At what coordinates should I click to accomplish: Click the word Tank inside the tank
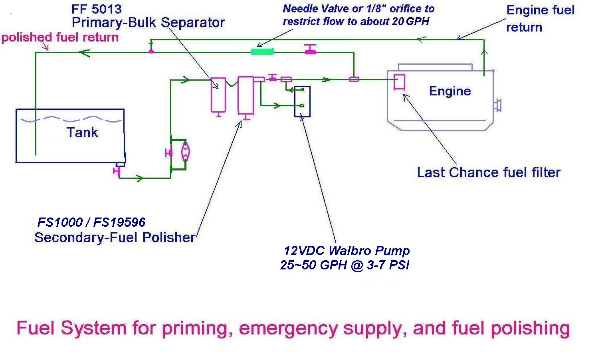pyautogui.click(x=82, y=133)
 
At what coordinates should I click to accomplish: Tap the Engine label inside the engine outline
pyautogui.click(x=450, y=91)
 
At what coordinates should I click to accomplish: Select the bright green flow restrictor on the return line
pyautogui.click(x=262, y=51)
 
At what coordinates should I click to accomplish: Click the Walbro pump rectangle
pyautogui.click(x=302, y=101)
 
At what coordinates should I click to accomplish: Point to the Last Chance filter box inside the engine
pyautogui.click(x=399, y=82)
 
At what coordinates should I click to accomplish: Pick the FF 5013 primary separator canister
pyautogui.click(x=218, y=96)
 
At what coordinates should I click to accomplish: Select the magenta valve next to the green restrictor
pyautogui.click(x=310, y=49)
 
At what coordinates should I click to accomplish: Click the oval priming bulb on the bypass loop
pyautogui.click(x=185, y=152)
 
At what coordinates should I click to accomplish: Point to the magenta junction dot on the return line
pyautogui.click(x=151, y=51)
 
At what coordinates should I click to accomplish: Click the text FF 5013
pyautogui.click(x=96, y=10)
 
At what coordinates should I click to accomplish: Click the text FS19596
pyautogui.click(x=119, y=222)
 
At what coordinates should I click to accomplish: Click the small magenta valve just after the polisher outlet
pyautogui.click(x=273, y=77)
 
